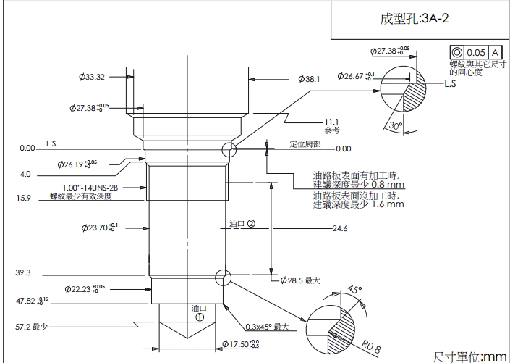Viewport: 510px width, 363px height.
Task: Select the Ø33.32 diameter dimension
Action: click(x=92, y=77)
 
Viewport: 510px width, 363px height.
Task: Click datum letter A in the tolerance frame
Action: click(x=496, y=53)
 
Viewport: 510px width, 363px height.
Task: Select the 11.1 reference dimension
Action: click(x=332, y=121)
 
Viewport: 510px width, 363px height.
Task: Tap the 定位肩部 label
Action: click(x=305, y=143)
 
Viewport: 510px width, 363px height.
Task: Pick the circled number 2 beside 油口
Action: click(x=251, y=223)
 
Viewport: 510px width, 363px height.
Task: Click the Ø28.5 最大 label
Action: click(x=299, y=280)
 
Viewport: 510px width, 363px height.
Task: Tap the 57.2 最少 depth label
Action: click(x=31, y=327)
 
